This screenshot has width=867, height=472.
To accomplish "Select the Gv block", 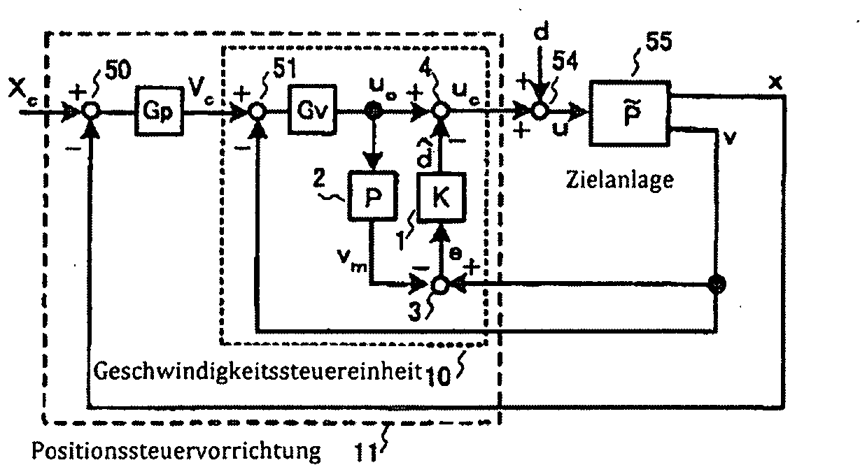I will point(312,111).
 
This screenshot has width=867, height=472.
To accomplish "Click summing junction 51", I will point(258,111).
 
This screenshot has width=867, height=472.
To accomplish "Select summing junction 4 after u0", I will point(440,111).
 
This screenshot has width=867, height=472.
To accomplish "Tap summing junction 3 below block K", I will point(440,285).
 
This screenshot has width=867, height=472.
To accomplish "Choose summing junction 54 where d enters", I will point(538,110).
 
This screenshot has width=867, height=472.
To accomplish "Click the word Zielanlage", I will point(619,180).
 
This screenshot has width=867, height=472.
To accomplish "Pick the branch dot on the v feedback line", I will point(717,285).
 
